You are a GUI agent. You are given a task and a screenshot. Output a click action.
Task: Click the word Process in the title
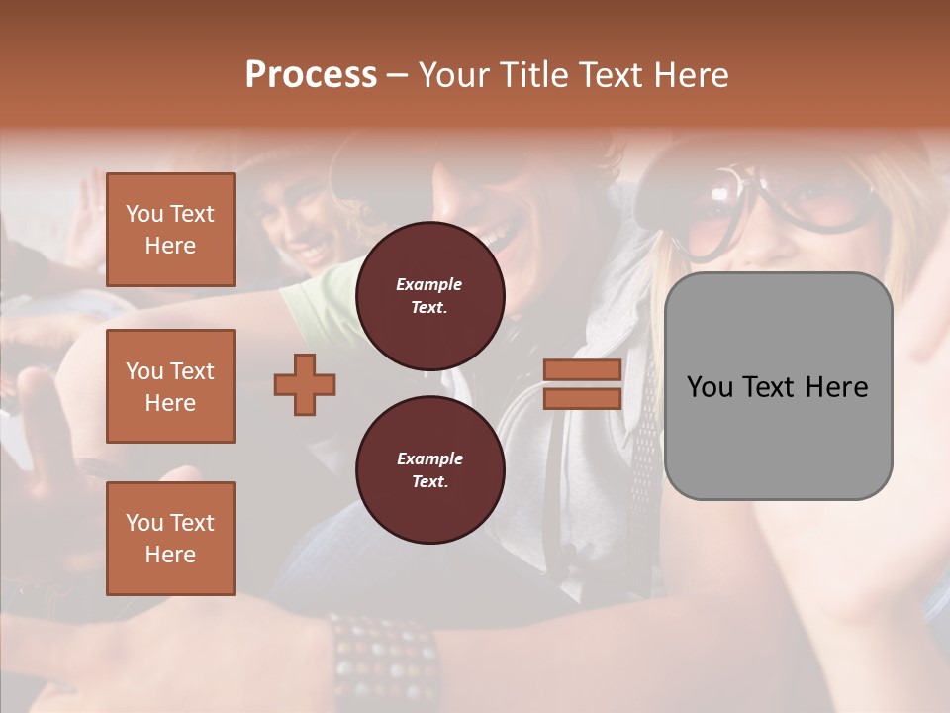tap(311, 75)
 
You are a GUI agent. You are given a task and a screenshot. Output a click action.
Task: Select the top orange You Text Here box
tap(170, 230)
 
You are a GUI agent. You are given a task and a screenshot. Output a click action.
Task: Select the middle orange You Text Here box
tap(170, 386)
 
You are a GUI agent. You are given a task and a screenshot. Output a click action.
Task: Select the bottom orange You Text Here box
tap(170, 538)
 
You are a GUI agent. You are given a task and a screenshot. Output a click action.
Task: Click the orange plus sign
tap(305, 384)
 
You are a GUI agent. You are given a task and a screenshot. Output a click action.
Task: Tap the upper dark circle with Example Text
tap(429, 295)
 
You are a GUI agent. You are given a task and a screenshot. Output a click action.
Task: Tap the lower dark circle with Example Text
tap(429, 469)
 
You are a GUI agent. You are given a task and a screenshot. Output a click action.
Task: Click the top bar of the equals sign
tap(582, 370)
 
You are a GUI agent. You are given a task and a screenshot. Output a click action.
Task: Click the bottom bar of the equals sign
tap(582, 398)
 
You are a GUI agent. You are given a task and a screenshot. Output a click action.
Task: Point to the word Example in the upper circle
tap(429, 284)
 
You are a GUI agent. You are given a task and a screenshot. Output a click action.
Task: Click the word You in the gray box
tap(712, 387)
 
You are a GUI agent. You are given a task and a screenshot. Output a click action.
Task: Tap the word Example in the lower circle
tap(429, 458)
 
